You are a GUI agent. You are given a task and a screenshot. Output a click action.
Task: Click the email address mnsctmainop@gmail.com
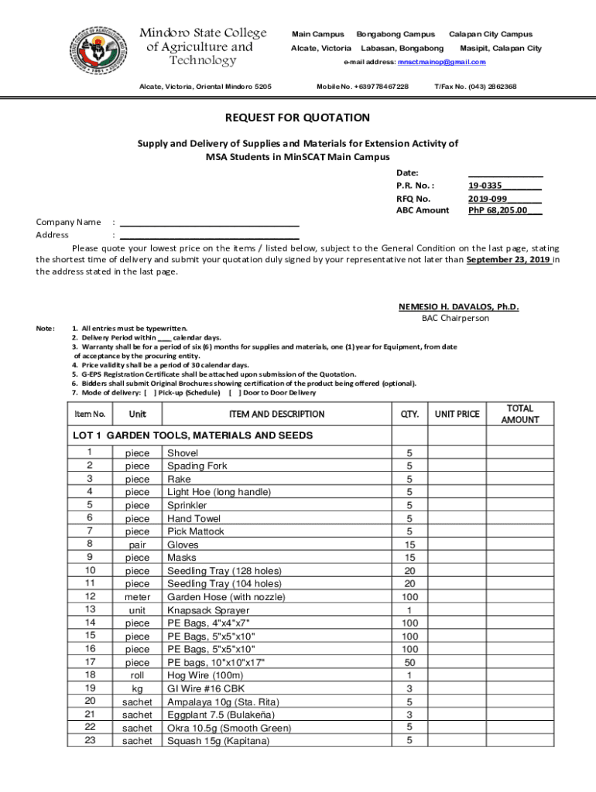(441, 62)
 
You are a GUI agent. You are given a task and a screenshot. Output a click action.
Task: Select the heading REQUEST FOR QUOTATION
(297, 118)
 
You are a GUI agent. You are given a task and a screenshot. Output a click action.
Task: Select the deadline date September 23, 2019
(509, 260)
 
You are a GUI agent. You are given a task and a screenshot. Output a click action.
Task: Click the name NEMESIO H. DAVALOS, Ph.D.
(458, 307)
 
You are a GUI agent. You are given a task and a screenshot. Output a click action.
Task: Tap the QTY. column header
(409, 415)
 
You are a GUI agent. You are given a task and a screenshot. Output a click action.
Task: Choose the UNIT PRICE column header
(457, 415)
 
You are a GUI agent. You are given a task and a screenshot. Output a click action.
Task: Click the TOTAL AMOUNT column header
(520, 414)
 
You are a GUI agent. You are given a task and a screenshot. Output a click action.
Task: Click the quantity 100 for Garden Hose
(409, 597)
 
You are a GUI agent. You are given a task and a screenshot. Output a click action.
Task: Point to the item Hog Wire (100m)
(204, 675)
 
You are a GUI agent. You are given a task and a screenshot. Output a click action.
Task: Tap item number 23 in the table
(91, 741)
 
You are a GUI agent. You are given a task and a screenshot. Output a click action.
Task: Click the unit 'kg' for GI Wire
(138, 688)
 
